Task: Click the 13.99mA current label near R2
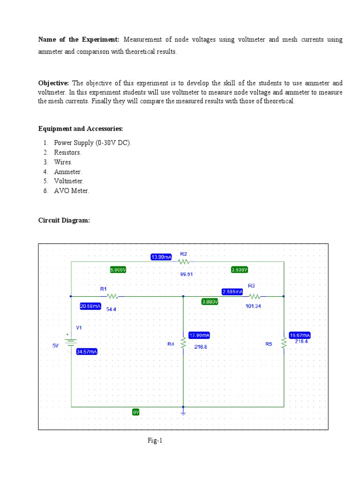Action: [161, 257]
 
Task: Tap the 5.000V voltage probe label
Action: [118, 270]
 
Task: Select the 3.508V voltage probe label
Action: [240, 270]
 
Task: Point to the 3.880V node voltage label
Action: [210, 302]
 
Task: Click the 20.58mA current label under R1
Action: [90, 306]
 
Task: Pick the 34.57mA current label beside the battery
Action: [87, 352]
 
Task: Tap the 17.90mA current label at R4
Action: [199, 335]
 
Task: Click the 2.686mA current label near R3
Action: [232, 292]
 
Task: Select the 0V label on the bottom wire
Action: [136, 412]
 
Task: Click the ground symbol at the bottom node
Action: [183, 412]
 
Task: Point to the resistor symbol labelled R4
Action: [183, 343]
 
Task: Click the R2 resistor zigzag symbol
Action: [183, 262]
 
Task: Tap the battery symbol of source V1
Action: [71, 341]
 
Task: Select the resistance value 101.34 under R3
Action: [253, 306]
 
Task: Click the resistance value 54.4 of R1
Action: [112, 309]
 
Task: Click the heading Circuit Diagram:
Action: [64, 220]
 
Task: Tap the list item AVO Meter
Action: [71, 191]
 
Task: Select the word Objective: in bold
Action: [53, 83]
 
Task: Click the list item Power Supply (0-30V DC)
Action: [93, 143]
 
